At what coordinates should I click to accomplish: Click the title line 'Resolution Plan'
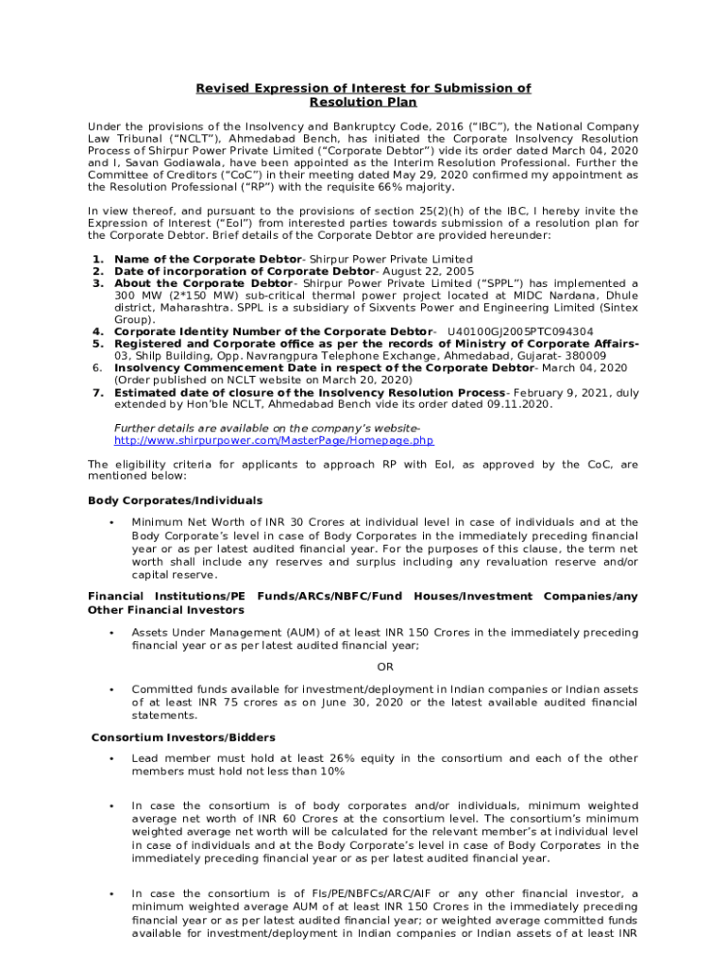coord(363,102)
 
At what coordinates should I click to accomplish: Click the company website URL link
coord(274,440)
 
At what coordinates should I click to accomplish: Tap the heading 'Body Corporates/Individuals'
coord(175,500)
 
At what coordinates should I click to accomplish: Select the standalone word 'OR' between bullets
coord(363,668)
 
